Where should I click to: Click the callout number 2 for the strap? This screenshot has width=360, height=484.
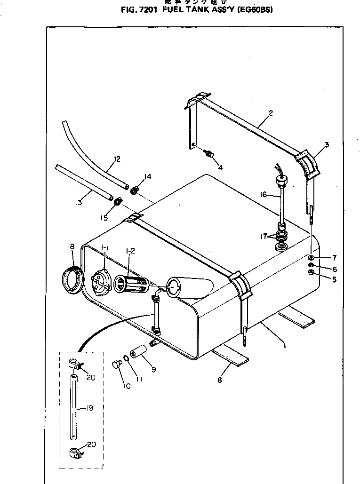tap(271, 113)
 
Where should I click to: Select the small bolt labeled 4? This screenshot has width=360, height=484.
tap(208, 152)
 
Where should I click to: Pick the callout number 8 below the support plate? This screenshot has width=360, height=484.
tap(219, 381)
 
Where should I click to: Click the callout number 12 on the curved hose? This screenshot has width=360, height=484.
tap(117, 159)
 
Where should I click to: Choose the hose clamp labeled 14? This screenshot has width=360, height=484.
tap(134, 190)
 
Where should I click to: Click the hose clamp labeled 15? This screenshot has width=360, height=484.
tap(116, 202)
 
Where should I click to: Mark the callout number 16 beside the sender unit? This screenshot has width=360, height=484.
tap(263, 194)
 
